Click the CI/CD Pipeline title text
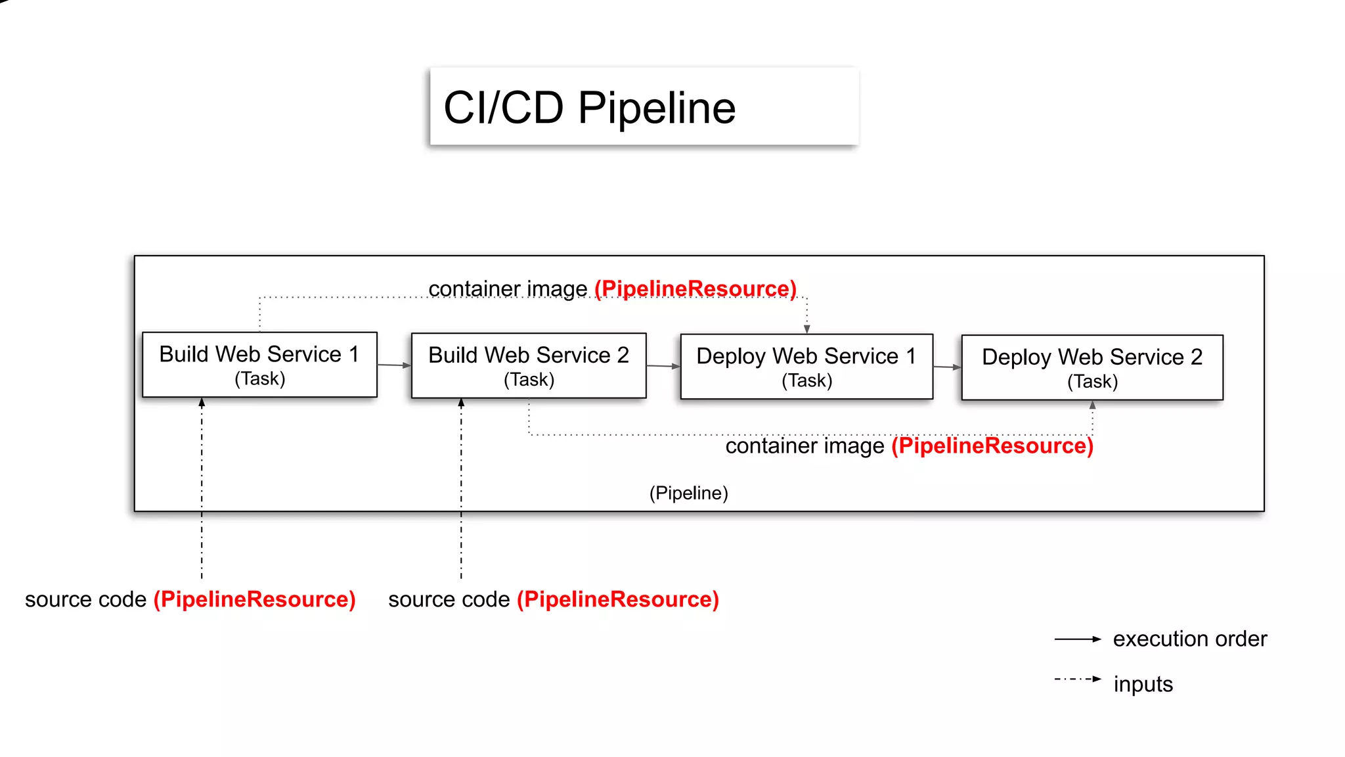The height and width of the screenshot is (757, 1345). click(x=589, y=108)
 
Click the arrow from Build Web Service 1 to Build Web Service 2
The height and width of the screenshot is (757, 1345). click(x=393, y=365)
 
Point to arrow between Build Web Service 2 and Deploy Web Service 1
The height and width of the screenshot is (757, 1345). click(x=663, y=366)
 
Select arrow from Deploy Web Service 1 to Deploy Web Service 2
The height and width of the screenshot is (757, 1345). click(x=946, y=367)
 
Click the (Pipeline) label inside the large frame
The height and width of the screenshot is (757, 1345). click(x=688, y=493)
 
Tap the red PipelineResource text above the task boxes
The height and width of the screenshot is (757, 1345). click(x=695, y=288)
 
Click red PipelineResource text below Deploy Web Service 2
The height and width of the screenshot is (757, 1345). click(x=992, y=446)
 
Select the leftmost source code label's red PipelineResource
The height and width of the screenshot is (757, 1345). click(x=254, y=599)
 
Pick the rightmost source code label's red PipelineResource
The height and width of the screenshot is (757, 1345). click(x=617, y=599)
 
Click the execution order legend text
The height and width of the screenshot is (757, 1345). click(x=1189, y=639)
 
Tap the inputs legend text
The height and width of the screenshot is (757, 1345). click(x=1143, y=684)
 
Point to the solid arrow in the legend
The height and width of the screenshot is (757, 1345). click(x=1077, y=639)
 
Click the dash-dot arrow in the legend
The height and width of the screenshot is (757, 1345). click(x=1077, y=679)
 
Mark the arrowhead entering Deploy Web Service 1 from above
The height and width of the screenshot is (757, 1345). click(x=807, y=329)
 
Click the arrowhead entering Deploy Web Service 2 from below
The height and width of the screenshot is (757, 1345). click(x=1092, y=405)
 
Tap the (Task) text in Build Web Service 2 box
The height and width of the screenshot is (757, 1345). click(x=529, y=380)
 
